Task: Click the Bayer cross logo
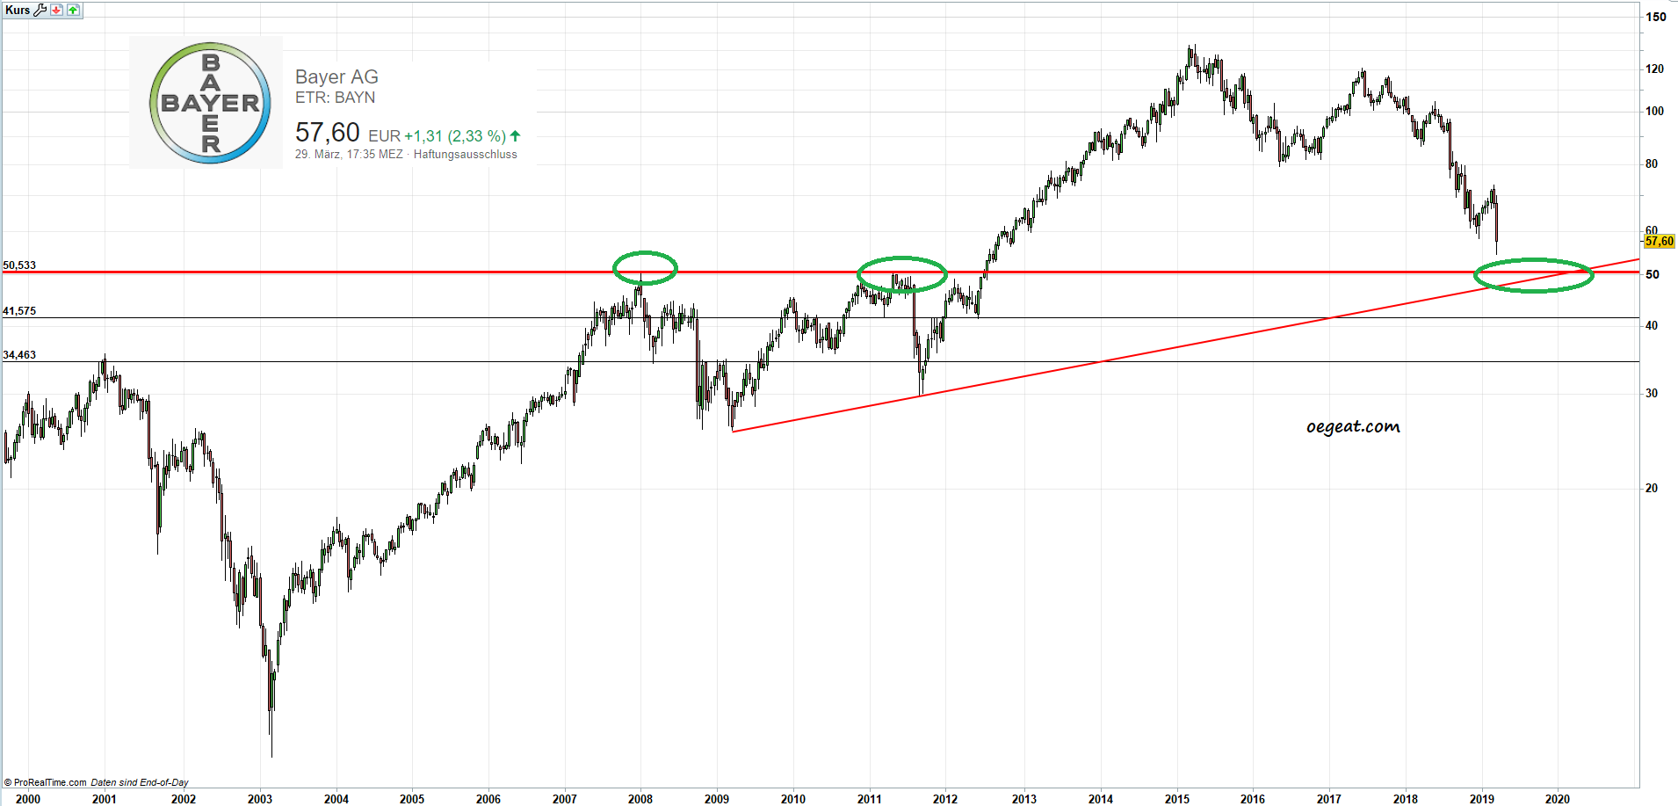tap(210, 103)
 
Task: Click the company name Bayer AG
tap(336, 77)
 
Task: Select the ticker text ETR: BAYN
tap(335, 98)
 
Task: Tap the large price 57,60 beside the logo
tap(327, 133)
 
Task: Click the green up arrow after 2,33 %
tap(516, 135)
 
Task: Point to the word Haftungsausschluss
tap(465, 155)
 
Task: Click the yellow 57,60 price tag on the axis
tap(1659, 241)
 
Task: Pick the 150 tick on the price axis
tap(1655, 17)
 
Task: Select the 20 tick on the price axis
tap(1652, 488)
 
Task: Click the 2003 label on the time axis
tap(260, 799)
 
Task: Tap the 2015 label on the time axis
tap(1176, 799)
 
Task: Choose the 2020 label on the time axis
tap(1557, 799)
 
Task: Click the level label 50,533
tap(19, 265)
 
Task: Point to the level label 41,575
tap(19, 311)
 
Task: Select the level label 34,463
tap(19, 355)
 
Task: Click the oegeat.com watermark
tap(1353, 427)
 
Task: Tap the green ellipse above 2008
tap(645, 268)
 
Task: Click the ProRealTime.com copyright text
tap(46, 782)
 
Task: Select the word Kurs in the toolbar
tap(18, 10)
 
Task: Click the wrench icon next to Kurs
tap(40, 10)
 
